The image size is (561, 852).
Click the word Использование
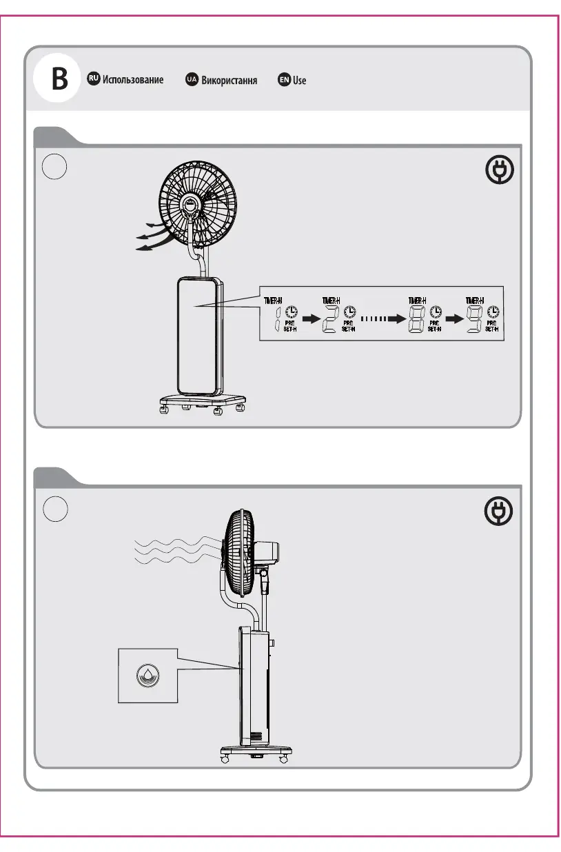tap(133, 80)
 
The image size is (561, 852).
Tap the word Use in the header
tap(299, 81)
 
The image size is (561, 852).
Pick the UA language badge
tap(192, 80)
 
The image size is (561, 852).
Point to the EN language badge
tap(283, 80)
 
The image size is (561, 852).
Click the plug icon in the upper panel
tap(500, 172)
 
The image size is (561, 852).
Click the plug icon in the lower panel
tap(500, 511)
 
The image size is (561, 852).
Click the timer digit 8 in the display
tap(416, 318)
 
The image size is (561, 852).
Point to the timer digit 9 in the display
tap(474, 318)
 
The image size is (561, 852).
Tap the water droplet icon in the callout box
tap(147, 675)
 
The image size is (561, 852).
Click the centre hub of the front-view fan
tap(191, 204)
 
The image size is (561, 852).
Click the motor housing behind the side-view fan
tap(267, 551)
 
